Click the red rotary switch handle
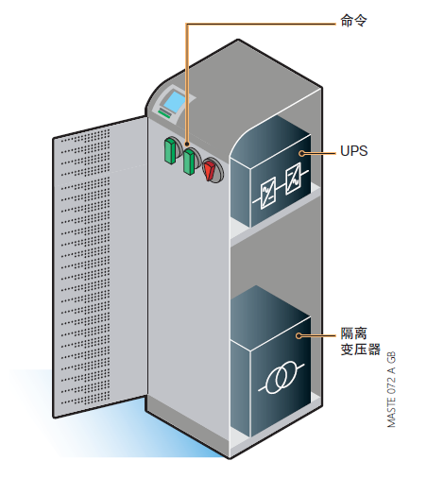210,167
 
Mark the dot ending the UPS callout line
302,152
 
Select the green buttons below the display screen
165,113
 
